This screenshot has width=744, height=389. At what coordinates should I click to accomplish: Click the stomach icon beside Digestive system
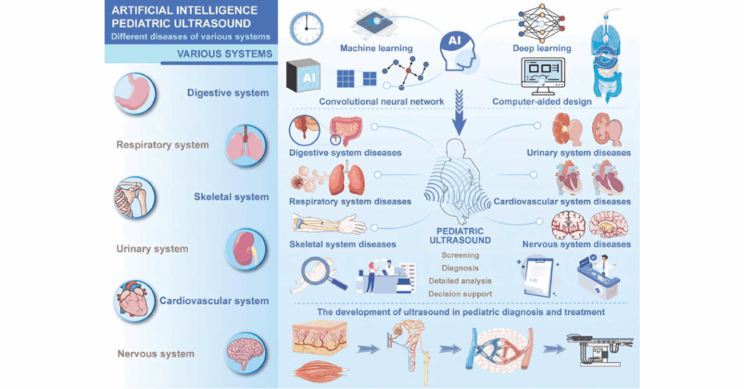pos(134,93)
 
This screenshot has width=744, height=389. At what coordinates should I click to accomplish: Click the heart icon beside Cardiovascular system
pos(134,301)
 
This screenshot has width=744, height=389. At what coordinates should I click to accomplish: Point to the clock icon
pos(307,28)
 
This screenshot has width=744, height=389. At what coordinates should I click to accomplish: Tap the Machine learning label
pos(377,48)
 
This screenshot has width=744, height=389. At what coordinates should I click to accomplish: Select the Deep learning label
pos(542,48)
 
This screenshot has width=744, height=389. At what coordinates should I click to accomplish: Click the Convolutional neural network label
pos(382,102)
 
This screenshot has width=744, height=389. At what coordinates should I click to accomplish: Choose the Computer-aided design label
pos(542,102)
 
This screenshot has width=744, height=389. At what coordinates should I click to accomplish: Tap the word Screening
pos(459,255)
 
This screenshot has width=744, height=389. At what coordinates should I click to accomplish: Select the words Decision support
pos(459,294)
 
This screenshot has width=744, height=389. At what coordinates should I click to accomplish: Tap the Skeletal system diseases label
pos(343,244)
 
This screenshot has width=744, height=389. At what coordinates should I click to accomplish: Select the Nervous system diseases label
pos(576,244)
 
